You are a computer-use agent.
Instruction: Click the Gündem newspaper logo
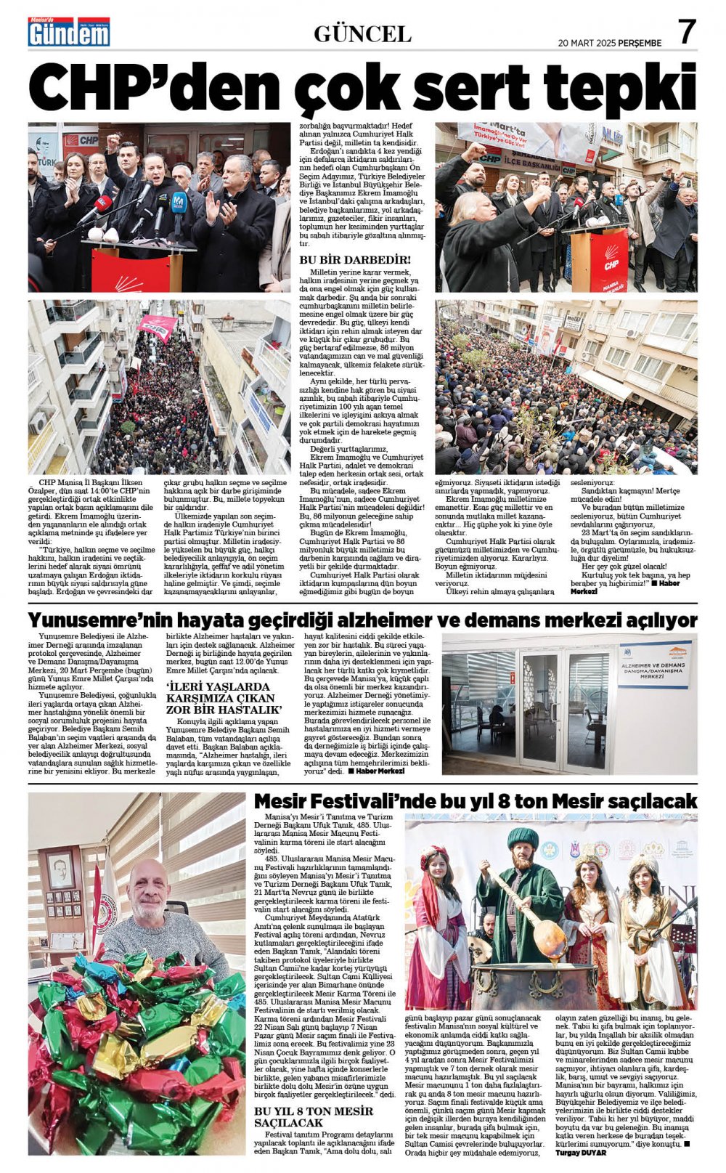tap(69, 32)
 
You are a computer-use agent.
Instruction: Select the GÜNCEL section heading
tap(362, 33)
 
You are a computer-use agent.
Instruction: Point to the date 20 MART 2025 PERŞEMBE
tap(610, 43)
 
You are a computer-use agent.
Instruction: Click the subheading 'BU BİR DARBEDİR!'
tap(355, 259)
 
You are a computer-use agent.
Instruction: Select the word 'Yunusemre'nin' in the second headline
tap(92, 620)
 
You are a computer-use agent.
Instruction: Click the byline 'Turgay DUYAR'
tap(581, 1152)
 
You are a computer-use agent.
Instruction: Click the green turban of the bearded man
tap(522, 837)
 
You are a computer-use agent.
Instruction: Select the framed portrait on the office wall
tap(60, 869)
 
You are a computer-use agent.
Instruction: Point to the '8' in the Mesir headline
tap(507, 801)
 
